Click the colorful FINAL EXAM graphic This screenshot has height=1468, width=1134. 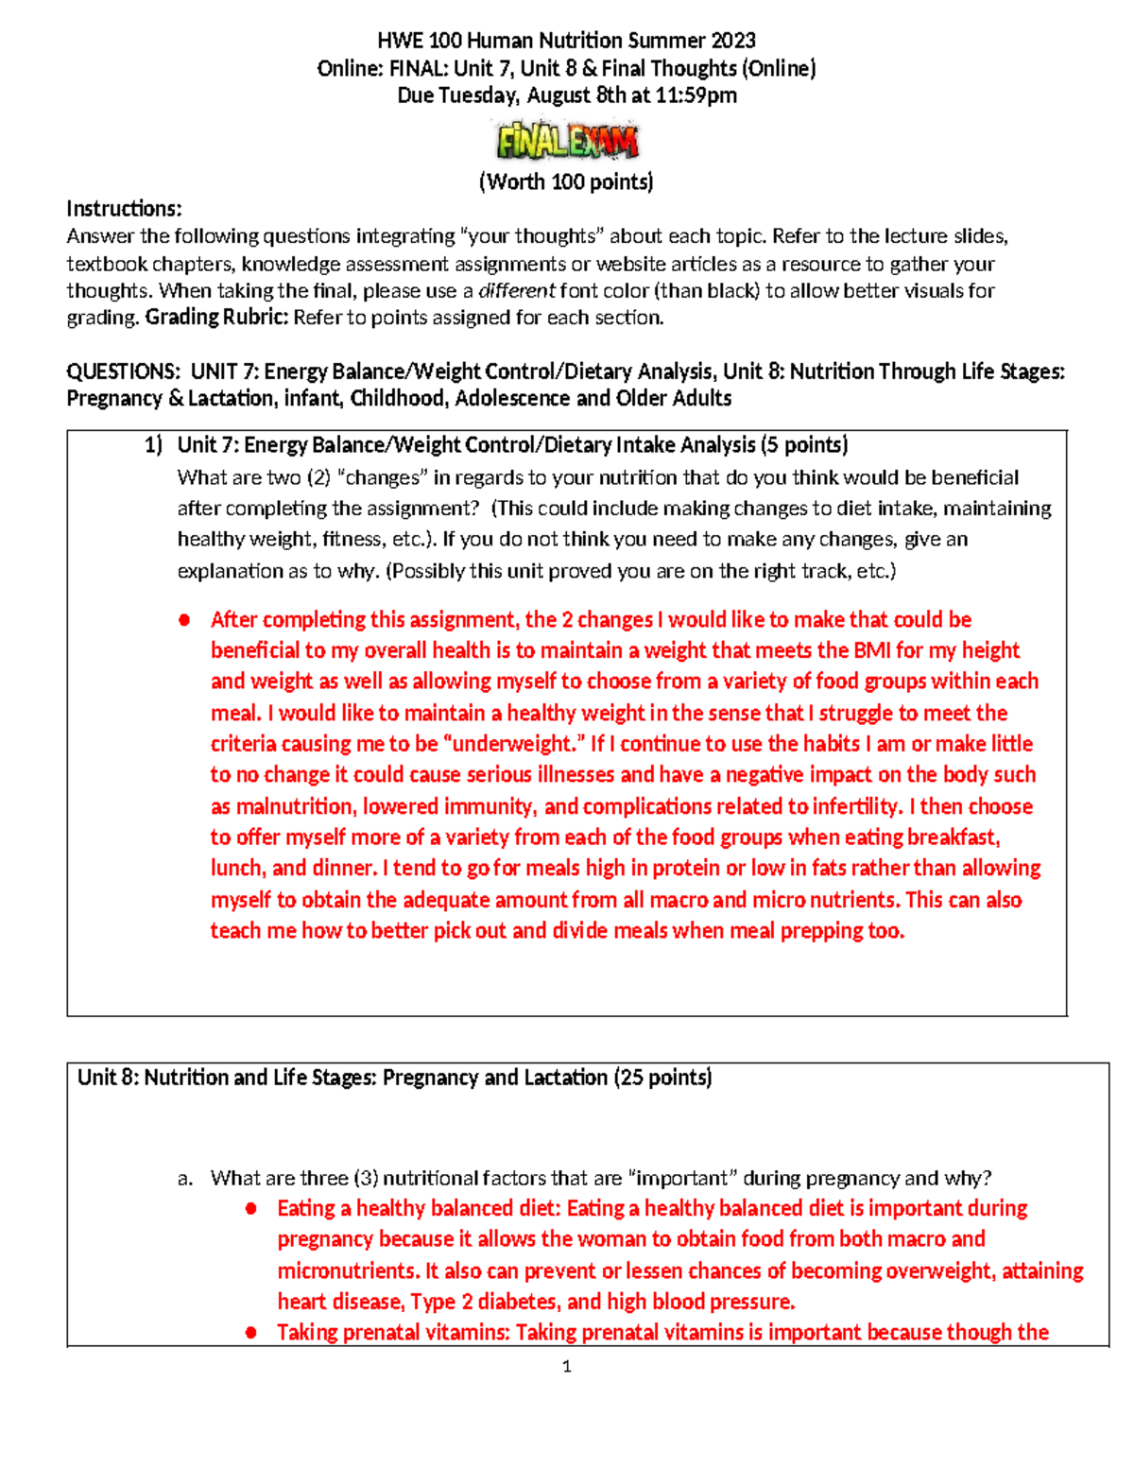[567, 142]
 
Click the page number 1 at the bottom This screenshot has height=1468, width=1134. [566, 1366]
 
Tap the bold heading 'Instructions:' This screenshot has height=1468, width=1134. [124, 209]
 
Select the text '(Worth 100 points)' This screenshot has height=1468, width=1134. [566, 181]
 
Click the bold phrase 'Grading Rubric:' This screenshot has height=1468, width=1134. [216, 318]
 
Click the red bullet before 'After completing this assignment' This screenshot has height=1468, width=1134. [184, 620]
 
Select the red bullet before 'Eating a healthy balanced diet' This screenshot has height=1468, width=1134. [251, 1209]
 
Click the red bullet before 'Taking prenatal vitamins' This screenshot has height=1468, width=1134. [251, 1333]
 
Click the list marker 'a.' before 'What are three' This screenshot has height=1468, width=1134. [185, 1179]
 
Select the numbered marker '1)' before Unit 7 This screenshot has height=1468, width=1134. [153, 445]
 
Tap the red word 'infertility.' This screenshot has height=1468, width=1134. [856, 806]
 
